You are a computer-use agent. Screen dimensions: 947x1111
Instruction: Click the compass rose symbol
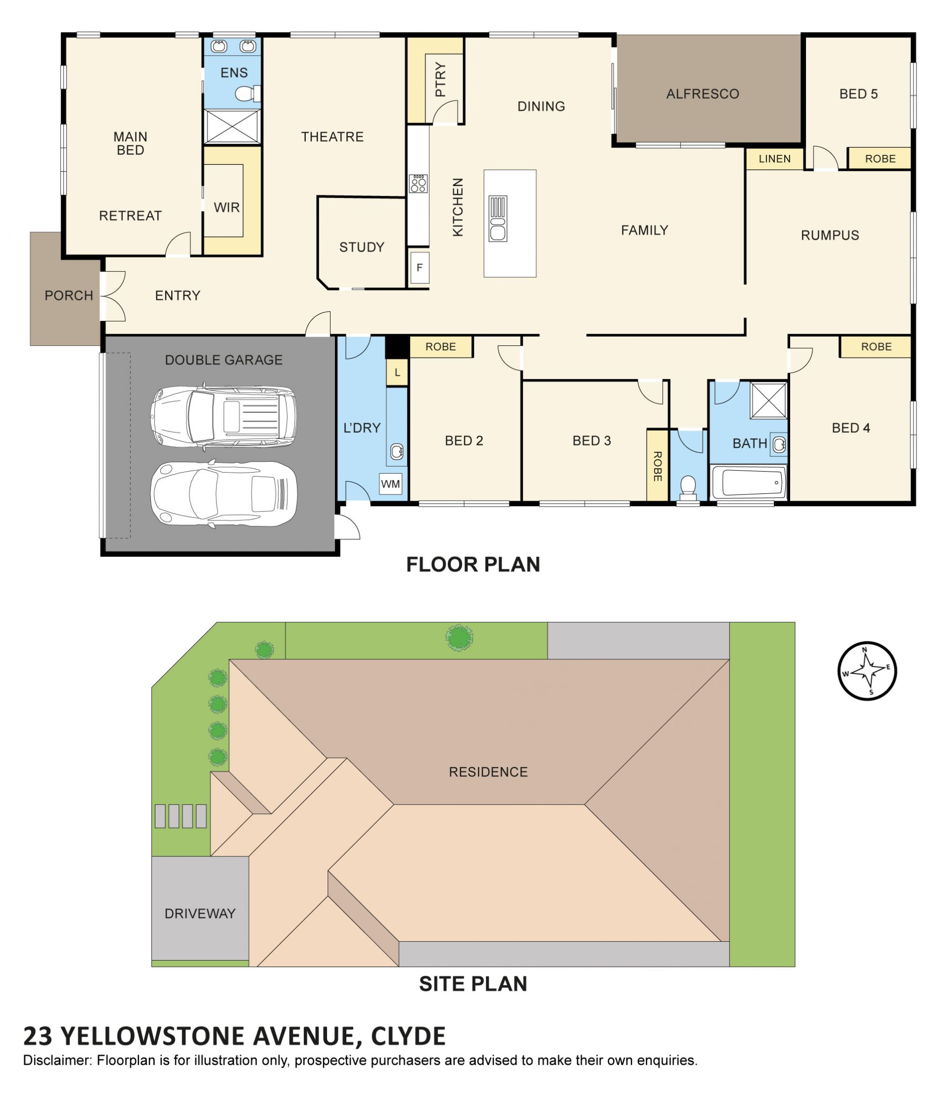click(x=867, y=670)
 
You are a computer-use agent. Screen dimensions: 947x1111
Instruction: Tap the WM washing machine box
click(x=390, y=483)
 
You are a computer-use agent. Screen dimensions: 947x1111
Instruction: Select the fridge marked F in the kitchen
click(x=419, y=267)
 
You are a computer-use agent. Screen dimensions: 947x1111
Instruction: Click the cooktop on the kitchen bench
click(x=418, y=184)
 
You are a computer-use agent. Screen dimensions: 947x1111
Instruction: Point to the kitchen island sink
click(x=498, y=219)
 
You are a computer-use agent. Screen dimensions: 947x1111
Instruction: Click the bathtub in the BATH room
click(x=749, y=482)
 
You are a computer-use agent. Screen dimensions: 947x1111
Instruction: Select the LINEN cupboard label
click(x=774, y=159)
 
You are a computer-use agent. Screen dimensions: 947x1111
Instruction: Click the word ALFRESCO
click(x=702, y=94)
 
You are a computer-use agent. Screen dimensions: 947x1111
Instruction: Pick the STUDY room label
click(x=362, y=247)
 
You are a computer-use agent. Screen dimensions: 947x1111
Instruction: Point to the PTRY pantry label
click(x=440, y=79)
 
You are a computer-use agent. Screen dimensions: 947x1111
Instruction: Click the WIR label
click(x=227, y=208)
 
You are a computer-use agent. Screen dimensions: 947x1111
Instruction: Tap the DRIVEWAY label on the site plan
click(x=200, y=913)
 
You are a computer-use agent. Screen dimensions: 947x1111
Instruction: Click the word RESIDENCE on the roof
click(x=488, y=772)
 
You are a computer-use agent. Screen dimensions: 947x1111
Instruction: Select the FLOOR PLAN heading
click(x=473, y=564)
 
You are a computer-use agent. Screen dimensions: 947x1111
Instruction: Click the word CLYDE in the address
click(x=408, y=1036)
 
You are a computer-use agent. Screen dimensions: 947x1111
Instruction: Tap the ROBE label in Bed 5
click(x=880, y=159)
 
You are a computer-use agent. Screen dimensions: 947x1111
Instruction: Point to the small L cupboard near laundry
click(x=397, y=372)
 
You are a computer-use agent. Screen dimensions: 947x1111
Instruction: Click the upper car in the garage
click(x=223, y=416)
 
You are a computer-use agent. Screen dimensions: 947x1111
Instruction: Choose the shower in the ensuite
click(x=232, y=127)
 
